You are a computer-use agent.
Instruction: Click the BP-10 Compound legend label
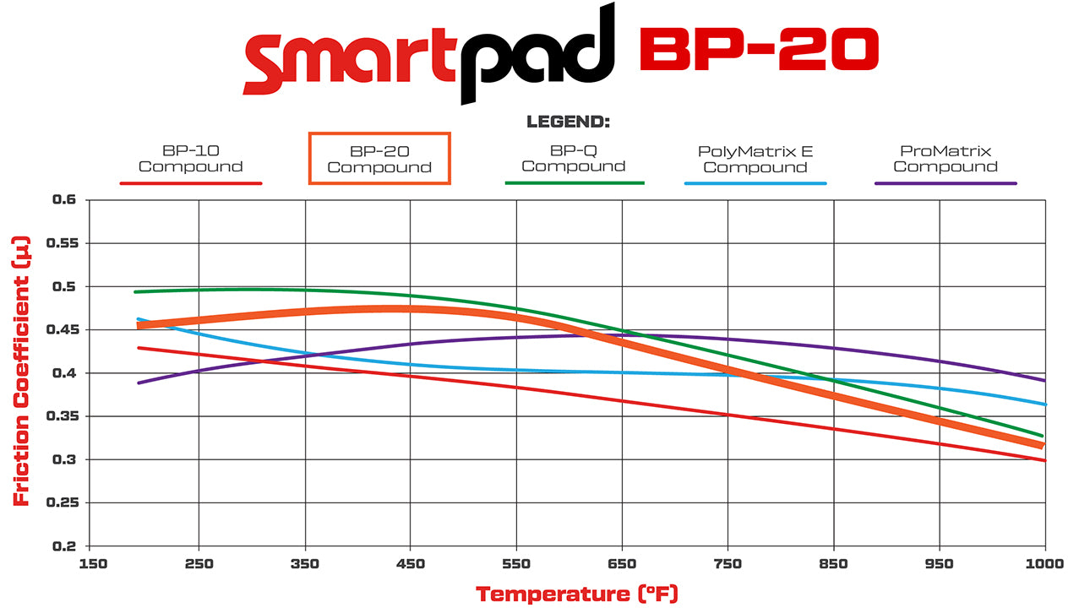tap(190, 160)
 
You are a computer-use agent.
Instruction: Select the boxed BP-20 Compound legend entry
tap(379, 159)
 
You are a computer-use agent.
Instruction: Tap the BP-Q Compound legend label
tap(574, 159)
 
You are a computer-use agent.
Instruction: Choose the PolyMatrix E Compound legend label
tap(755, 160)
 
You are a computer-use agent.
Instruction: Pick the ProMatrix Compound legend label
tap(945, 159)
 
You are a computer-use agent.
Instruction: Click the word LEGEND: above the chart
tap(568, 122)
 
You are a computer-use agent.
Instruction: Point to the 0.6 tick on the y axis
tap(64, 200)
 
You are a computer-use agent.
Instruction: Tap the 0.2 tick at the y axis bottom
tap(64, 546)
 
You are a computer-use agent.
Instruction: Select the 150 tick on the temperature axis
tap(93, 564)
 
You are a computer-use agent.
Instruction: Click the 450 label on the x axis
tap(410, 564)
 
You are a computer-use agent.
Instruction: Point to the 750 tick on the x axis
tap(728, 564)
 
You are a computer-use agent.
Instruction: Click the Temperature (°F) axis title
tap(576, 594)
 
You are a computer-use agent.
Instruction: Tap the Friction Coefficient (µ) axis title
tap(22, 372)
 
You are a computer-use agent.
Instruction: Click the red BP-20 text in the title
tap(759, 49)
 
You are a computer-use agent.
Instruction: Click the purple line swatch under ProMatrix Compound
tap(945, 183)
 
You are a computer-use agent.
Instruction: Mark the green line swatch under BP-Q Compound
tap(574, 182)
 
